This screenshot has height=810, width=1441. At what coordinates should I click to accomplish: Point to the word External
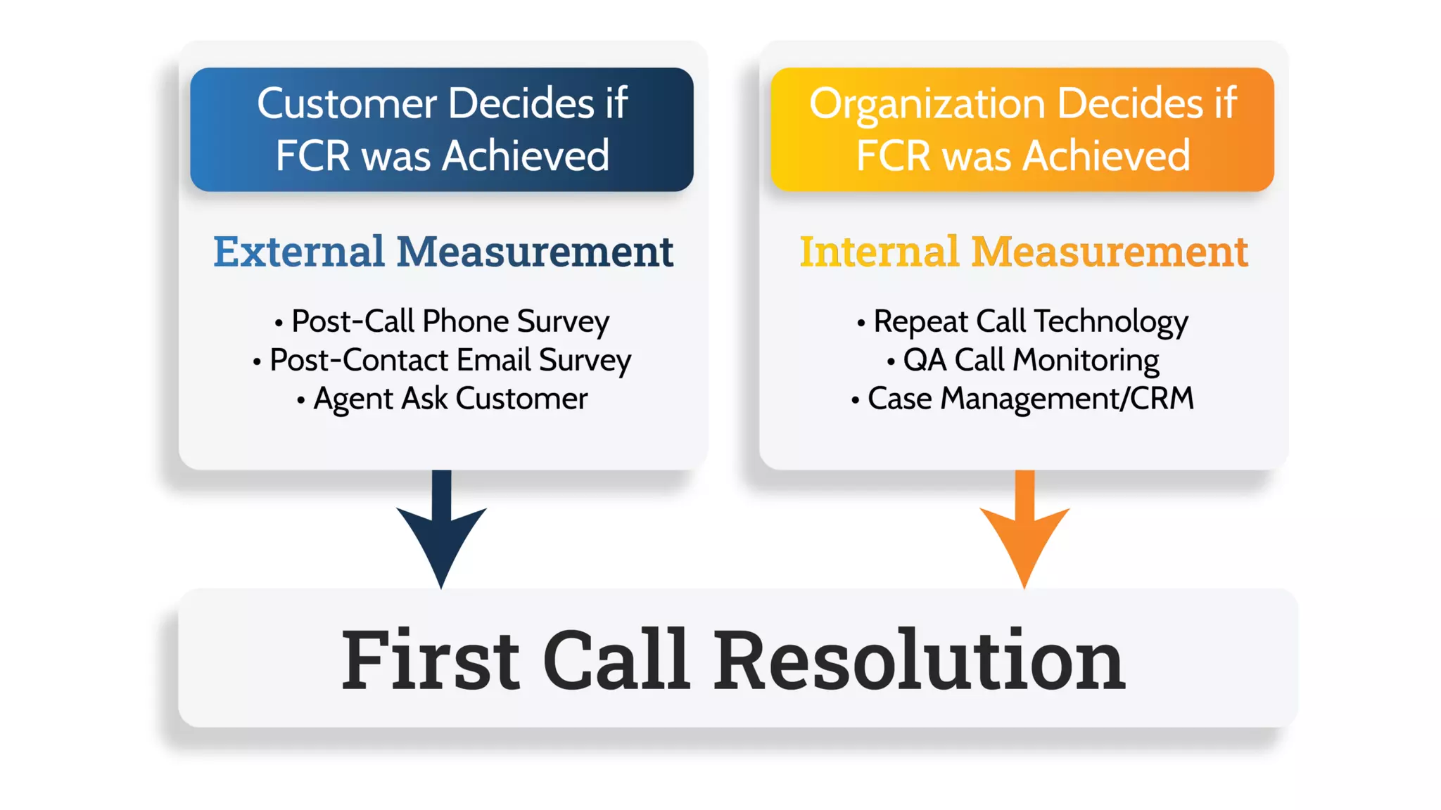tap(298, 252)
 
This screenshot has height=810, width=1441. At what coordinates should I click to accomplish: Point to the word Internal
tap(879, 252)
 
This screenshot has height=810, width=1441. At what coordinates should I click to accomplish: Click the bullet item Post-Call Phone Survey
tap(450, 321)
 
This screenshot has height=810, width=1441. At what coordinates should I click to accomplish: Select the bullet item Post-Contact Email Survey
tap(450, 360)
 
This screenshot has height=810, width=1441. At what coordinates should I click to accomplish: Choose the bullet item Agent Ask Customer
tap(450, 399)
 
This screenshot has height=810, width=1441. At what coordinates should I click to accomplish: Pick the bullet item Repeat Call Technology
tap(1030, 321)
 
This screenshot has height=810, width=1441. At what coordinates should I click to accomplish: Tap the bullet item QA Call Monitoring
tap(1030, 360)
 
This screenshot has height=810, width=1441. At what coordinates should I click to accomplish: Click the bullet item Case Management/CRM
tap(1030, 399)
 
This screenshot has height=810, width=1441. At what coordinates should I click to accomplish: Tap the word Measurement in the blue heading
tap(535, 252)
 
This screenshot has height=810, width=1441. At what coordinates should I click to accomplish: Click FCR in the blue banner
tap(312, 155)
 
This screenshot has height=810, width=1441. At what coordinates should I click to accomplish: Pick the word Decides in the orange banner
tap(1129, 104)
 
